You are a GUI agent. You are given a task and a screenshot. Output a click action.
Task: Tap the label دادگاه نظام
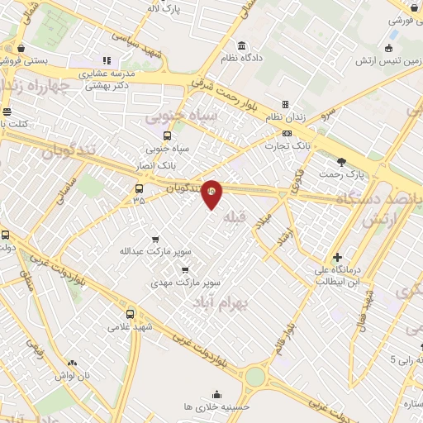click(x=241, y=59)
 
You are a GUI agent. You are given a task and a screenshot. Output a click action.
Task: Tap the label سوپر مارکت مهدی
click(x=185, y=282)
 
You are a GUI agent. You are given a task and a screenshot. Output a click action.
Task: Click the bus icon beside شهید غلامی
click(x=131, y=314)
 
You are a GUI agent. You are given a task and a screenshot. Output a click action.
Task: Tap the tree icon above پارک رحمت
click(x=341, y=161)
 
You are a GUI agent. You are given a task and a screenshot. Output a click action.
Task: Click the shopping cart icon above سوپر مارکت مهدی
click(x=185, y=269)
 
